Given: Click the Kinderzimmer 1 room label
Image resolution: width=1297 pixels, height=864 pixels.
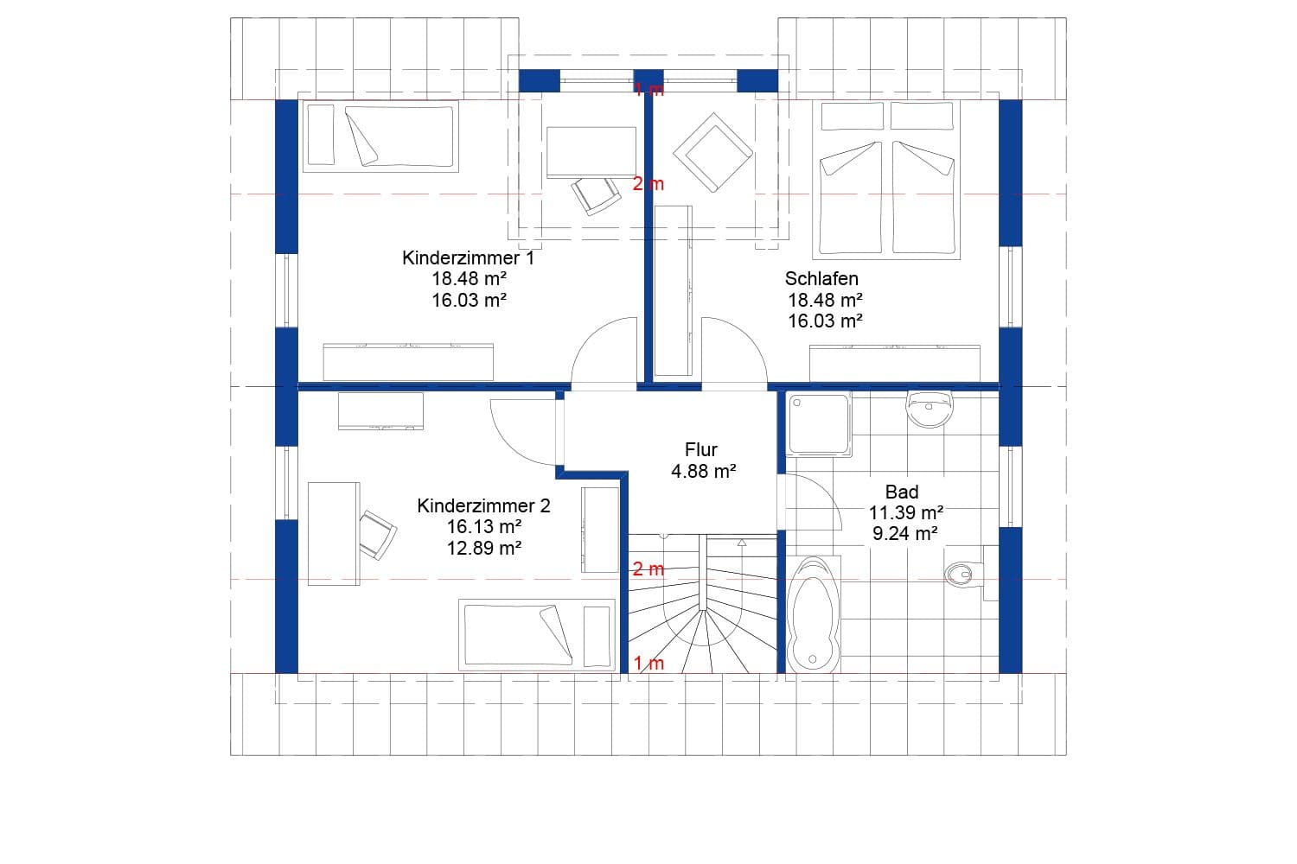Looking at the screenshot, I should pyautogui.click(x=468, y=257).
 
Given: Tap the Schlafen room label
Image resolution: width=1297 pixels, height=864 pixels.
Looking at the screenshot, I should pyautogui.click(x=821, y=278).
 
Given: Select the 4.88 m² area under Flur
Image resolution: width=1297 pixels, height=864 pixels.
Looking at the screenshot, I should pyautogui.click(x=703, y=471).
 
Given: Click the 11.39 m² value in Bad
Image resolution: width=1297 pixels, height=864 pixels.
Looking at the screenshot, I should pyautogui.click(x=905, y=513).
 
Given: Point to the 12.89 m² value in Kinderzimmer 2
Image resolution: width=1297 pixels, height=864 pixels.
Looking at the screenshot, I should pyautogui.click(x=483, y=548).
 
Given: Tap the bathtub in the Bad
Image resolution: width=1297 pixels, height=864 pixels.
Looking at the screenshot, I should pyautogui.click(x=813, y=613).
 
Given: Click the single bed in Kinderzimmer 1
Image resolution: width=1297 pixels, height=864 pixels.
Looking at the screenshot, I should pyautogui.click(x=380, y=136).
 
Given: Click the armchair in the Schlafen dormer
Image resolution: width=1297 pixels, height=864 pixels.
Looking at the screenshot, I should pyautogui.click(x=712, y=152).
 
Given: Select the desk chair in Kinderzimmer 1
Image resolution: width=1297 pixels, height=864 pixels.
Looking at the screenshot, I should pyautogui.click(x=596, y=194).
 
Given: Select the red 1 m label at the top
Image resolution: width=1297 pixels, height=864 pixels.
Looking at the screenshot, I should pyautogui.click(x=648, y=89).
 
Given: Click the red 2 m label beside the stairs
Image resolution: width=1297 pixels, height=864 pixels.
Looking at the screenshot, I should pyautogui.click(x=648, y=569).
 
